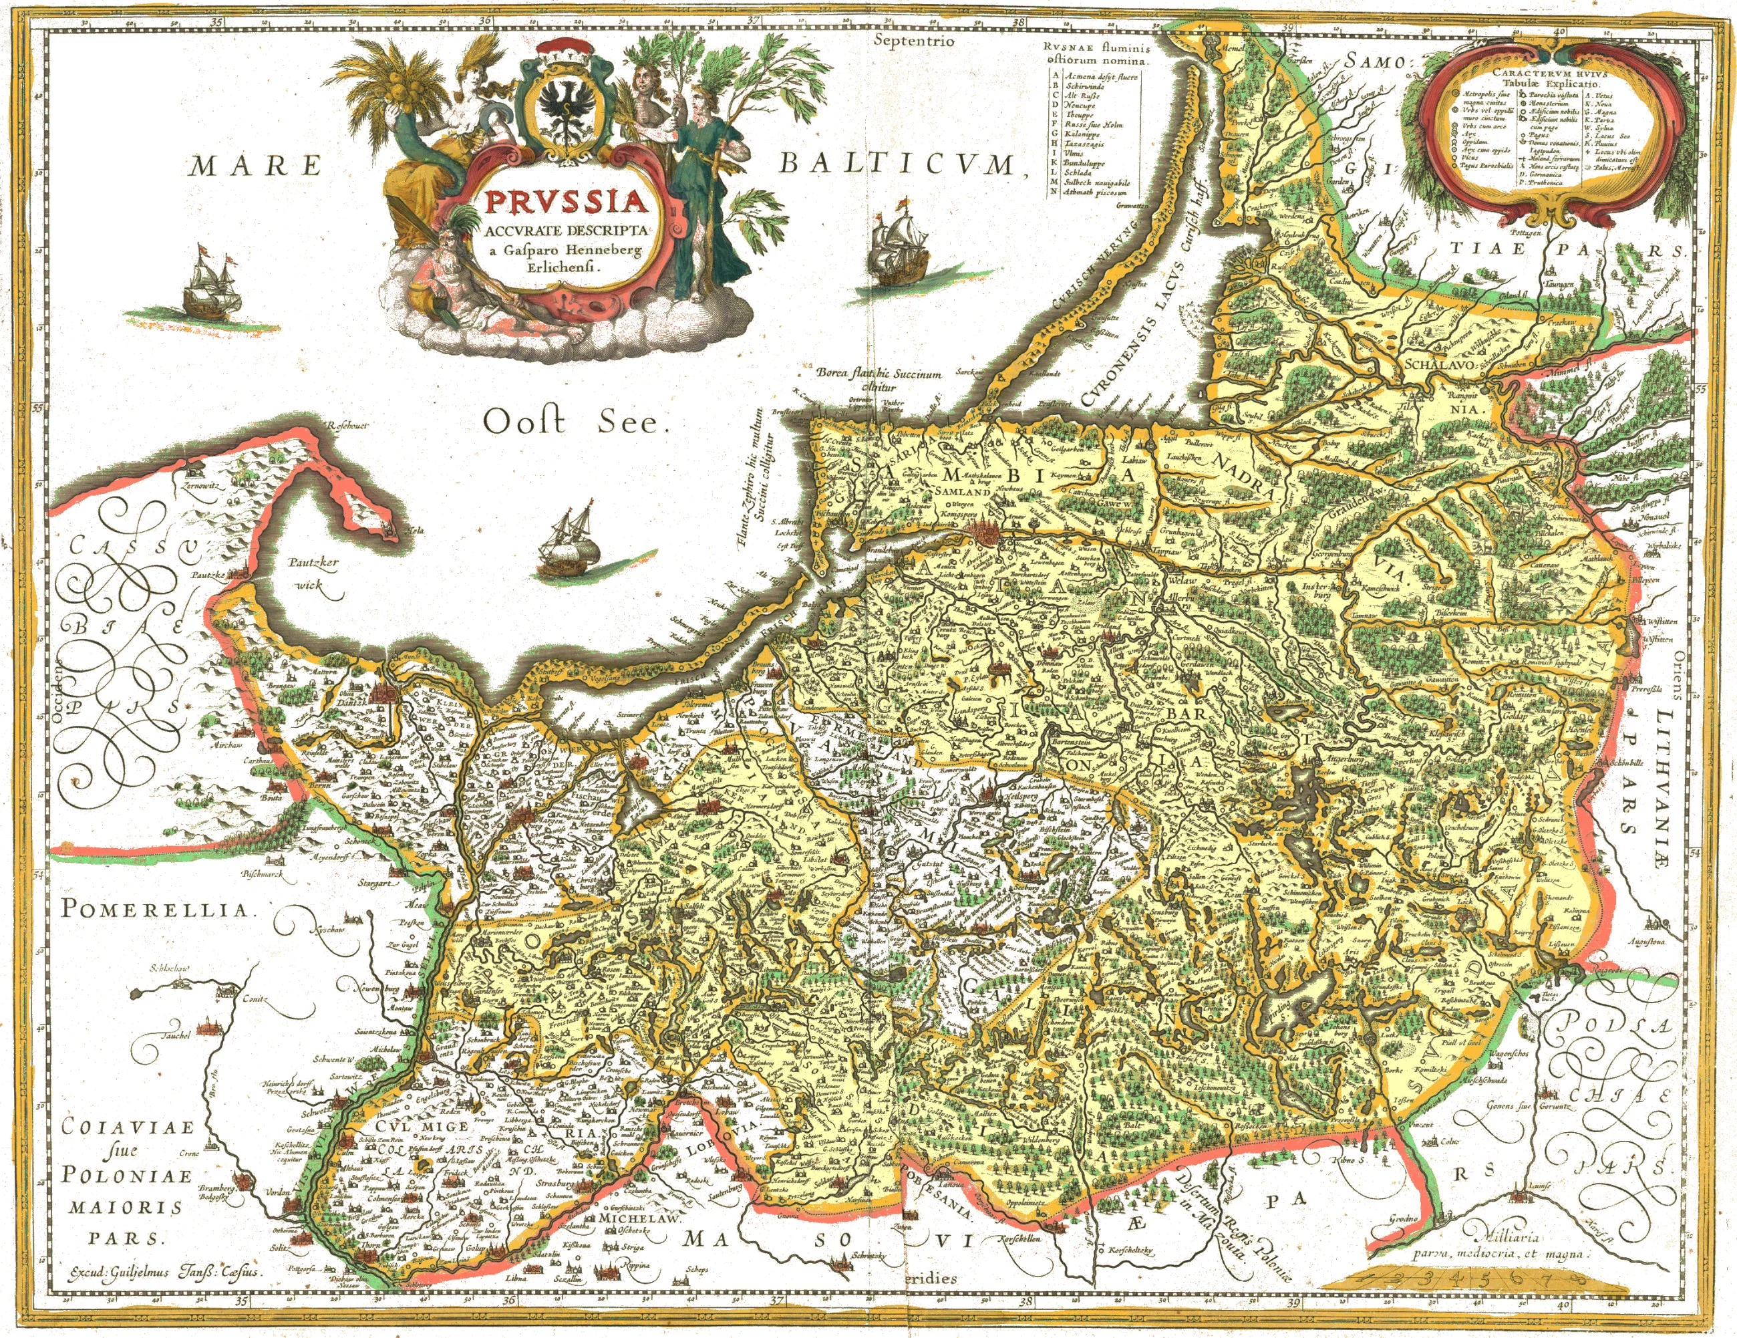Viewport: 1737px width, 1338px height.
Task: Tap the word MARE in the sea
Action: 257,166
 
